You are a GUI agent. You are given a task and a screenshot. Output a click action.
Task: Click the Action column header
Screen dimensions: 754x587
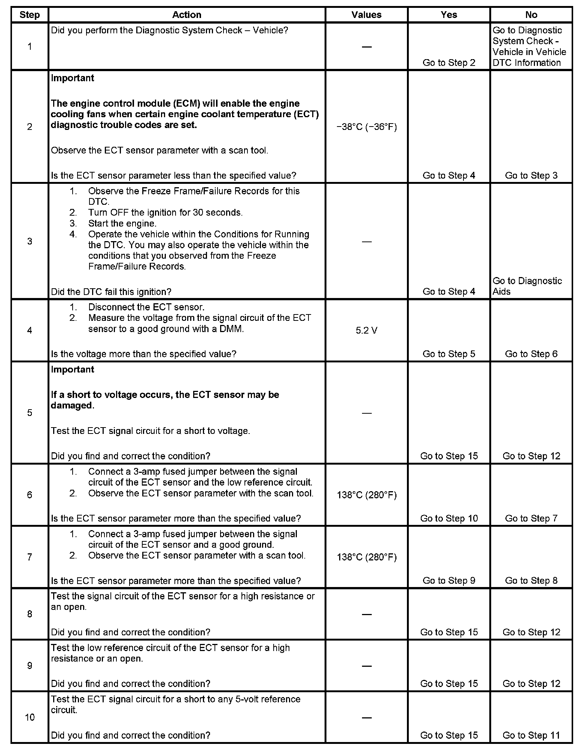(x=186, y=15)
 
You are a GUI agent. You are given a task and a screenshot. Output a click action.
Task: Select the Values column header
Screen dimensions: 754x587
(x=366, y=15)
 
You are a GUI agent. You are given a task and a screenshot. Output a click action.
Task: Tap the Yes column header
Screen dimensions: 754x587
(x=448, y=15)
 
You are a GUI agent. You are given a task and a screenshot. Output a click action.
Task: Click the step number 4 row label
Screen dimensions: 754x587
(x=30, y=330)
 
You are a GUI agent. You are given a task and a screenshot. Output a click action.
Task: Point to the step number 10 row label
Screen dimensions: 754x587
(x=30, y=717)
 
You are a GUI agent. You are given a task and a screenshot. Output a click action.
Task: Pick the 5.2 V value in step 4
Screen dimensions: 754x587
(x=367, y=330)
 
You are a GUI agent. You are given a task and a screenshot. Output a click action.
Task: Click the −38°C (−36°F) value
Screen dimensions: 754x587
(x=367, y=127)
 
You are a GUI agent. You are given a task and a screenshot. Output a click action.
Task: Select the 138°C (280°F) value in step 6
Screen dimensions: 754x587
(x=367, y=495)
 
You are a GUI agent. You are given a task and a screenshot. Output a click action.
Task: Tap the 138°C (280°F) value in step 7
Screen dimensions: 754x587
(x=367, y=557)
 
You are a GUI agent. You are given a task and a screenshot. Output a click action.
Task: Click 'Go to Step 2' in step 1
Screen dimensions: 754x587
(x=448, y=63)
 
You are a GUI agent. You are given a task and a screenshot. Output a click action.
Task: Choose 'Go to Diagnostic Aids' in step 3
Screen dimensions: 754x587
(x=527, y=286)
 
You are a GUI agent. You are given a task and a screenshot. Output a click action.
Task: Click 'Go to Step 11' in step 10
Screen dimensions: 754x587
(x=531, y=735)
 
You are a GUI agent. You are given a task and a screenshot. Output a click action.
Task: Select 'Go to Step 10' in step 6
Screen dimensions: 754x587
(x=449, y=518)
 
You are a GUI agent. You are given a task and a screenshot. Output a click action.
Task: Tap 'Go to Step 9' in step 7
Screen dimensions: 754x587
(x=448, y=580)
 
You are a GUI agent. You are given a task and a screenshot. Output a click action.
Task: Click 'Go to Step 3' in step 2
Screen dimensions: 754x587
(x=531, y=175)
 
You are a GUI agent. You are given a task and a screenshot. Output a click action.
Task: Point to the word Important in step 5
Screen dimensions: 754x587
(x=73, y=369)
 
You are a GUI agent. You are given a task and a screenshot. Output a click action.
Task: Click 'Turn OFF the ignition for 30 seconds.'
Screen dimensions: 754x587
(x=165, y=212)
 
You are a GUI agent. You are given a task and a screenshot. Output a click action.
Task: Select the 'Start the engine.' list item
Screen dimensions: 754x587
(x=122, y=223)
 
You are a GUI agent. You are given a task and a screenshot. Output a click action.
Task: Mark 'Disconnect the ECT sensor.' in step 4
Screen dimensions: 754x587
(x=146, y=307)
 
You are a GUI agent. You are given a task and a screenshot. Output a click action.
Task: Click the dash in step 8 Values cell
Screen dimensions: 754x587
(x=367, y=614)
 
